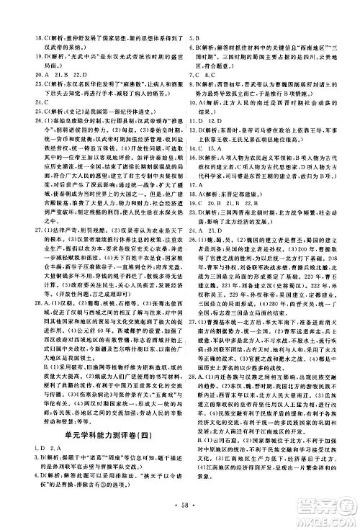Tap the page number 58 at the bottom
point(179,517)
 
